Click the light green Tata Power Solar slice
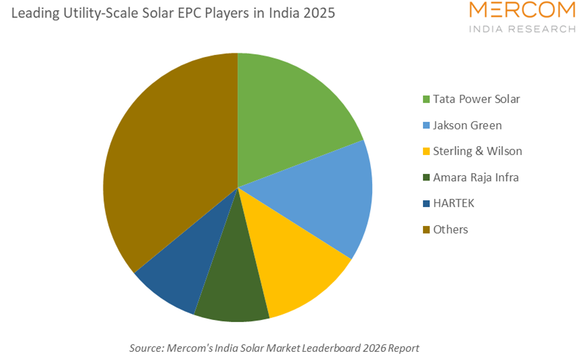pyautogui.click(x=291, y=115)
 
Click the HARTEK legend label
pyautogui.click(x=454, y=203)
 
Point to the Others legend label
pyautogui.click(x=451, y=229)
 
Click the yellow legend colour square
pyautogui.click(x=426, y=152)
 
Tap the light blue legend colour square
pyautogui.click(x=426, y=126)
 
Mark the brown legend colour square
pyautogui.click(x=426, y=230)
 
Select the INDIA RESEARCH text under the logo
pyautogui.click(x=522, y=29)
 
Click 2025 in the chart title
pyautogui.click(x=317, y=14)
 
